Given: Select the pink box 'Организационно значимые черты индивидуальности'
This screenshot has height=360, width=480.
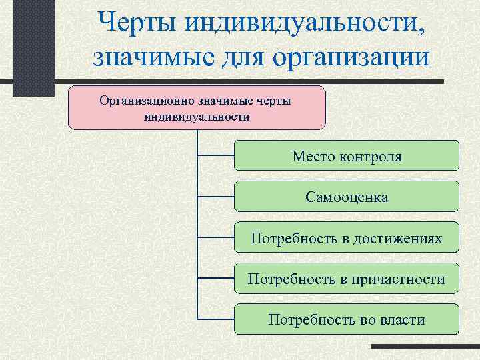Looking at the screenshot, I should pyautogui.click(x=197, y=107).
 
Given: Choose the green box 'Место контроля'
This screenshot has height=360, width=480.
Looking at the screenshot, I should pyautogui.click(x=347, y=156).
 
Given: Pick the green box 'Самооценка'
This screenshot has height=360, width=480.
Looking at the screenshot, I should pyautogui.click(x=347, y=197).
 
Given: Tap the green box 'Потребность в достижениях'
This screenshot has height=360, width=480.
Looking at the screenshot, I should pyautogui.click(x=347, y=237).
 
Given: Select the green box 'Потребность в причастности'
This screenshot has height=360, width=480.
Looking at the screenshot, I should pyautogui.click(x=347, y=278).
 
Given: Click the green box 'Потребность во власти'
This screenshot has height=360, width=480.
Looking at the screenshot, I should pyautogui.click(x=347, y=319).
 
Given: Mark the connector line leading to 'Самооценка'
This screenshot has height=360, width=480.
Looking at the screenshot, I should pyautogui.click(x=216, y=197).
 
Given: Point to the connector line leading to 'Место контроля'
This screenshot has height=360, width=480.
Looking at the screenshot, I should pyautogui.click(x=216, y=156).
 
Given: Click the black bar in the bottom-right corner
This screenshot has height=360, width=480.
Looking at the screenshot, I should pyautogui.click(x=424, y=347).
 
